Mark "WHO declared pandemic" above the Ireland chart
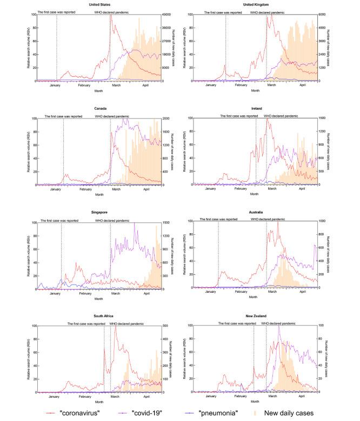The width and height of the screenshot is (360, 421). point(281,116)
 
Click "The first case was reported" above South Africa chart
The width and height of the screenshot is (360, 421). point(86,324)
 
